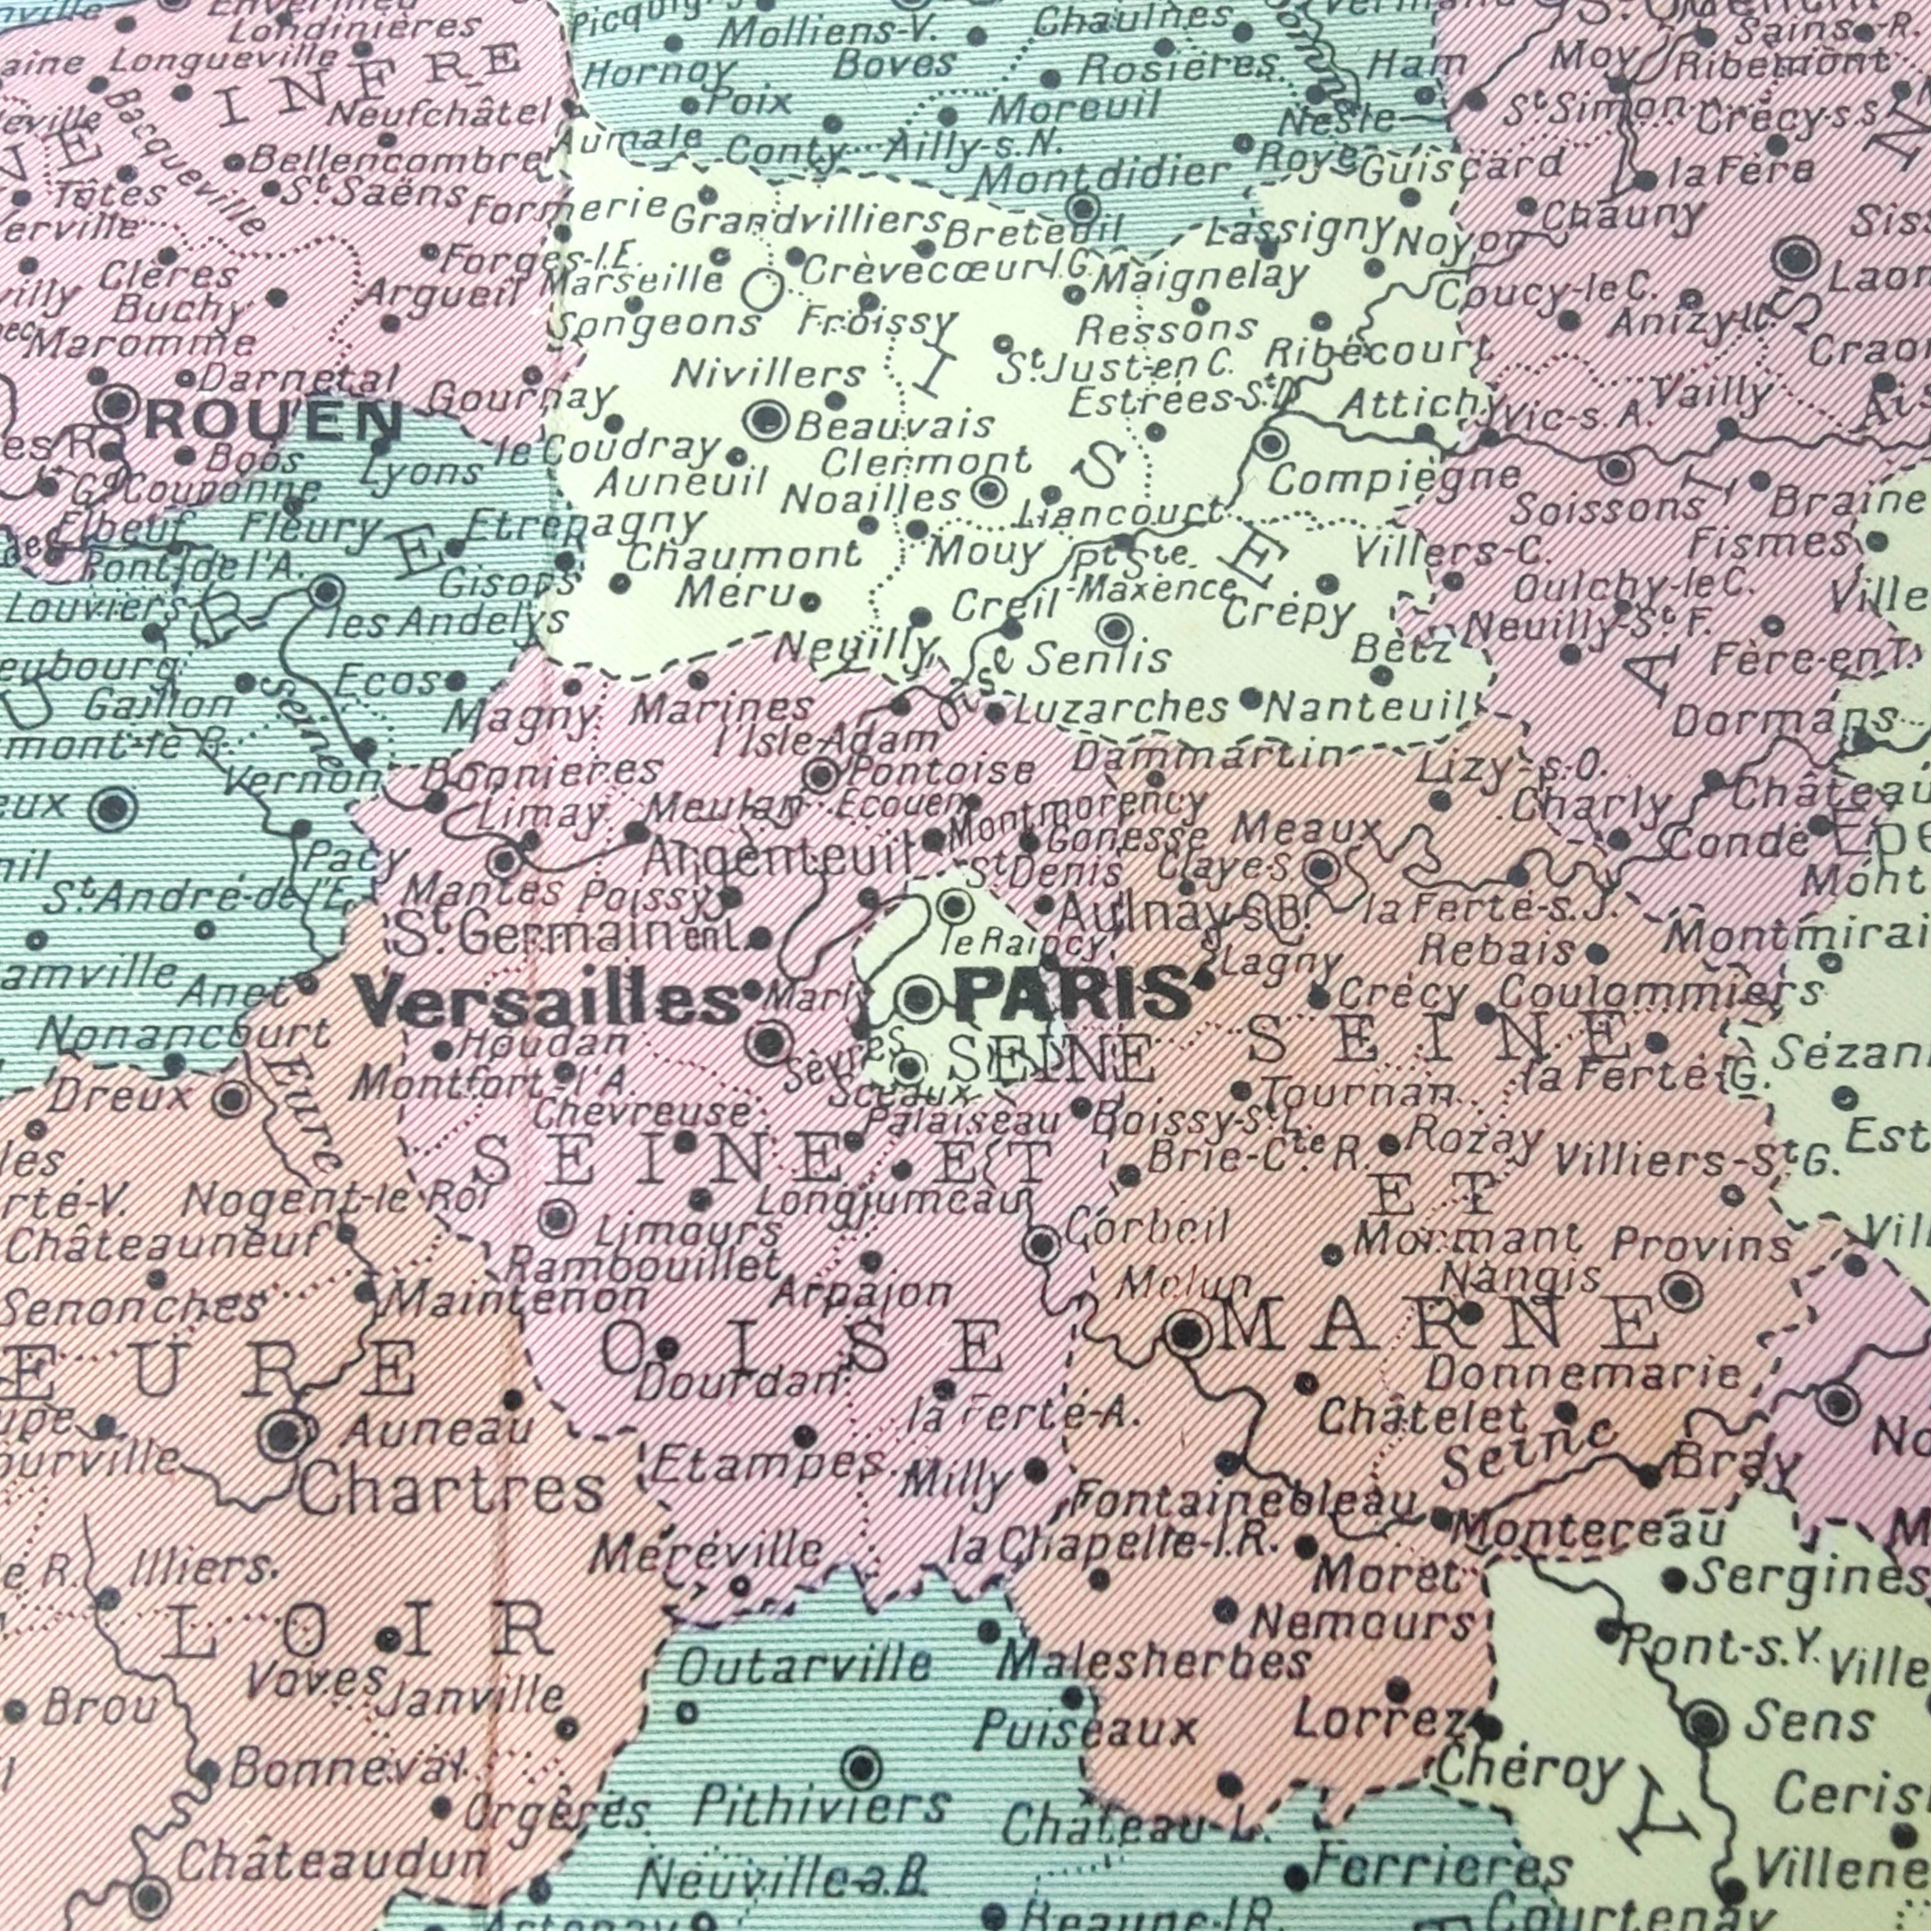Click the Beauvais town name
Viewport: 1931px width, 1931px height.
[x=894, y=425]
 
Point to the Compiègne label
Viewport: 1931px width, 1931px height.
[x=1394, y=479]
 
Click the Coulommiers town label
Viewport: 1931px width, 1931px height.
[x=1659, y=993]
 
